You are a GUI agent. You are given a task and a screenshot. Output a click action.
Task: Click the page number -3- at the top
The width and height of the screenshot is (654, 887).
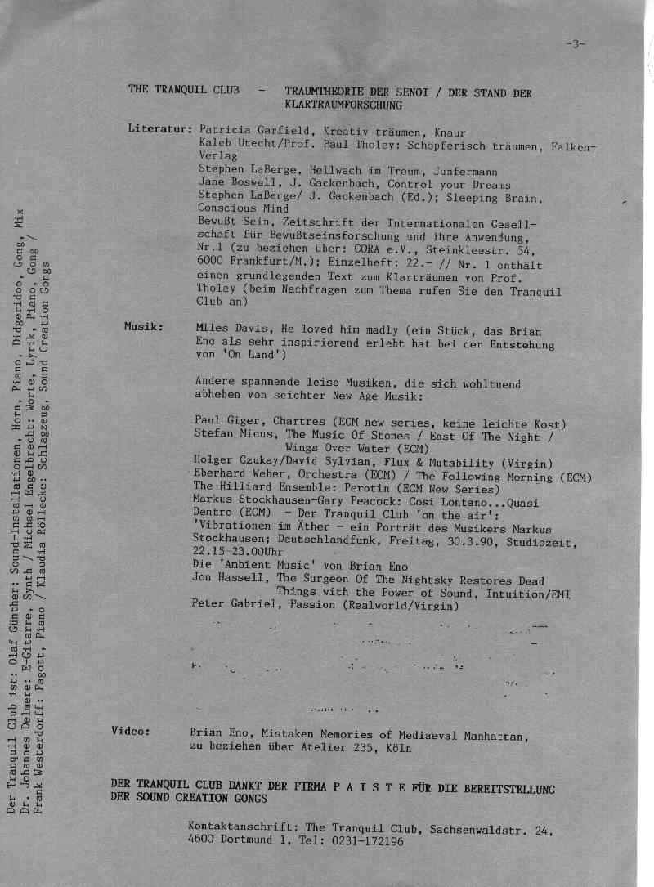coord(576,44)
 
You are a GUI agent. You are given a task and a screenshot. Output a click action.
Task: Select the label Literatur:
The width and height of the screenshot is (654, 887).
coord(160,130)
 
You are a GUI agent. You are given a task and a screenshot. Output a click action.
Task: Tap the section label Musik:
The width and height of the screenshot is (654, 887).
coord(144,326)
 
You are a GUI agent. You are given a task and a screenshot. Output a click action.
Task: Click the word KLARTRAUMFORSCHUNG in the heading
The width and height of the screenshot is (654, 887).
coord(344,105)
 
